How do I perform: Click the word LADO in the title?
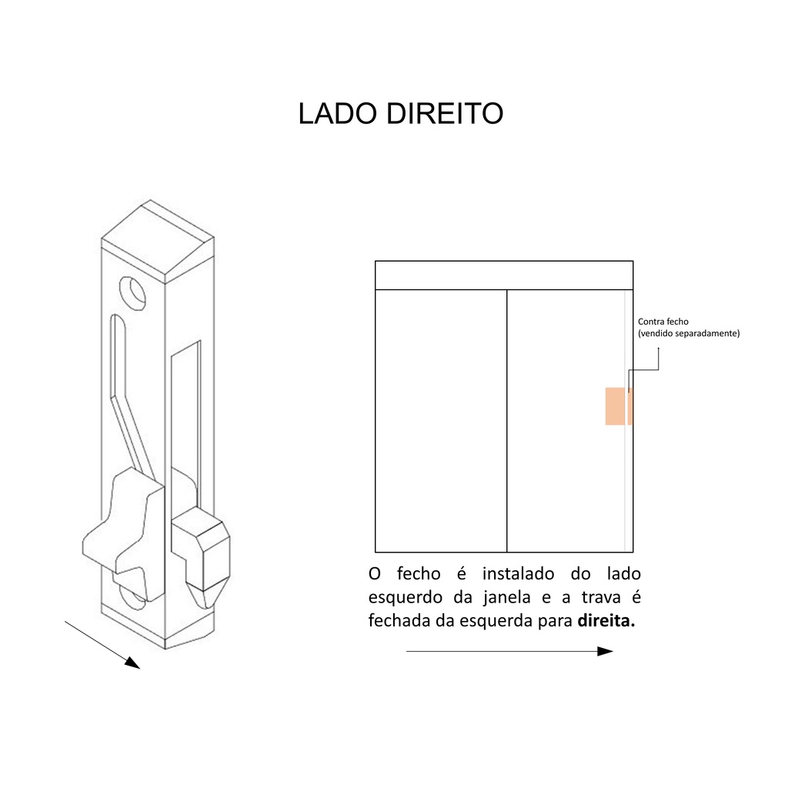click(336, 114)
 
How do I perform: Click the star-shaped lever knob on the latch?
click(128, 524)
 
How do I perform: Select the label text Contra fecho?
click(663, 322)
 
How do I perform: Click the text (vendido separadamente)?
click(689, 334)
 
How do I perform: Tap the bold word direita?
click(606, 621)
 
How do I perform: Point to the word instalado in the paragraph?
click(519, 574)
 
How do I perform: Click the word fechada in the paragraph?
click(399, 621)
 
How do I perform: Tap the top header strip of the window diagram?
click(504, 275)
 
